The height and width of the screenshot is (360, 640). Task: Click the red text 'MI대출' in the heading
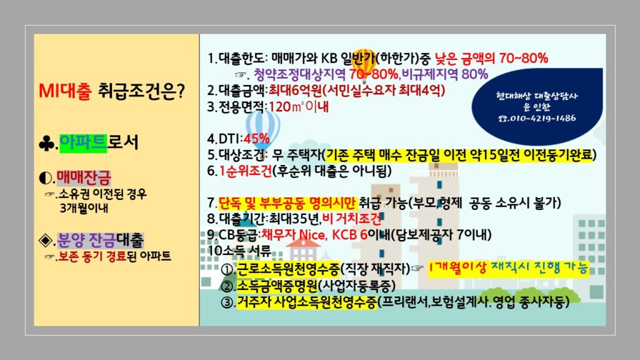coord(65,91)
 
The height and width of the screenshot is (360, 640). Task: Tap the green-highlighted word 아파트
coord(83,143)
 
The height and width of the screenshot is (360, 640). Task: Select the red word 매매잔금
coord(83,177)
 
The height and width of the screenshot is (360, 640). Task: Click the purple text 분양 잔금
coord(86,240)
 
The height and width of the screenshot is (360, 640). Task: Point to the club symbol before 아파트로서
coord(46,144)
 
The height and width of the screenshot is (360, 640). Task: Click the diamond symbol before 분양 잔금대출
coord(45,241)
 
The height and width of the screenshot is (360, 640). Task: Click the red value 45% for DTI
coord(256,139)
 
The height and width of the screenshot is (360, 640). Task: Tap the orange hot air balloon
coord(363,61)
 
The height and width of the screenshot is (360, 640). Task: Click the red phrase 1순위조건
coord(245,171)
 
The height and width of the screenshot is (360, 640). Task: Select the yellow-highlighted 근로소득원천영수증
coord(288,269)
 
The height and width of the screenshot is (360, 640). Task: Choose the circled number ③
coord(227,302)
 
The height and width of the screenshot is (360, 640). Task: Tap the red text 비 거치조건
coord(351,219)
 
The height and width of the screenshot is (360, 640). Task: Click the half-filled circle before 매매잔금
coord(45,178)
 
